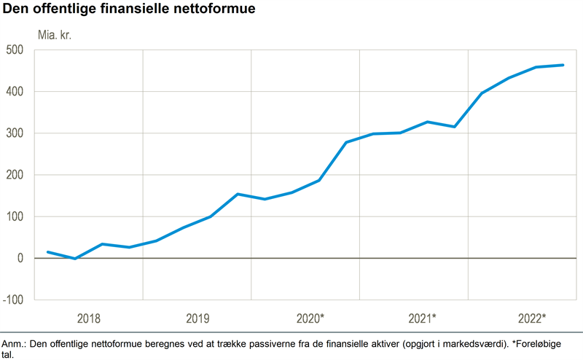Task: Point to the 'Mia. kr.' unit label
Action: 55,34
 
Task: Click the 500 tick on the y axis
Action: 15,50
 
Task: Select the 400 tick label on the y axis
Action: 15,92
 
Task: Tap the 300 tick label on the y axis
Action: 15,133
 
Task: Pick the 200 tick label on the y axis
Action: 15,175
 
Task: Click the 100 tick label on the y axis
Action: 15,216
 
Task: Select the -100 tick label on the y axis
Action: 12,300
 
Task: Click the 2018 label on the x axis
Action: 89,318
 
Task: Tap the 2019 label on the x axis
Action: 197,318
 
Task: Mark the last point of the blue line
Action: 563,65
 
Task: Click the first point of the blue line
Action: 48,252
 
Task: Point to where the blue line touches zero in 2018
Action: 75,258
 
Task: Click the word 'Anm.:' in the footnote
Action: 15,343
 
